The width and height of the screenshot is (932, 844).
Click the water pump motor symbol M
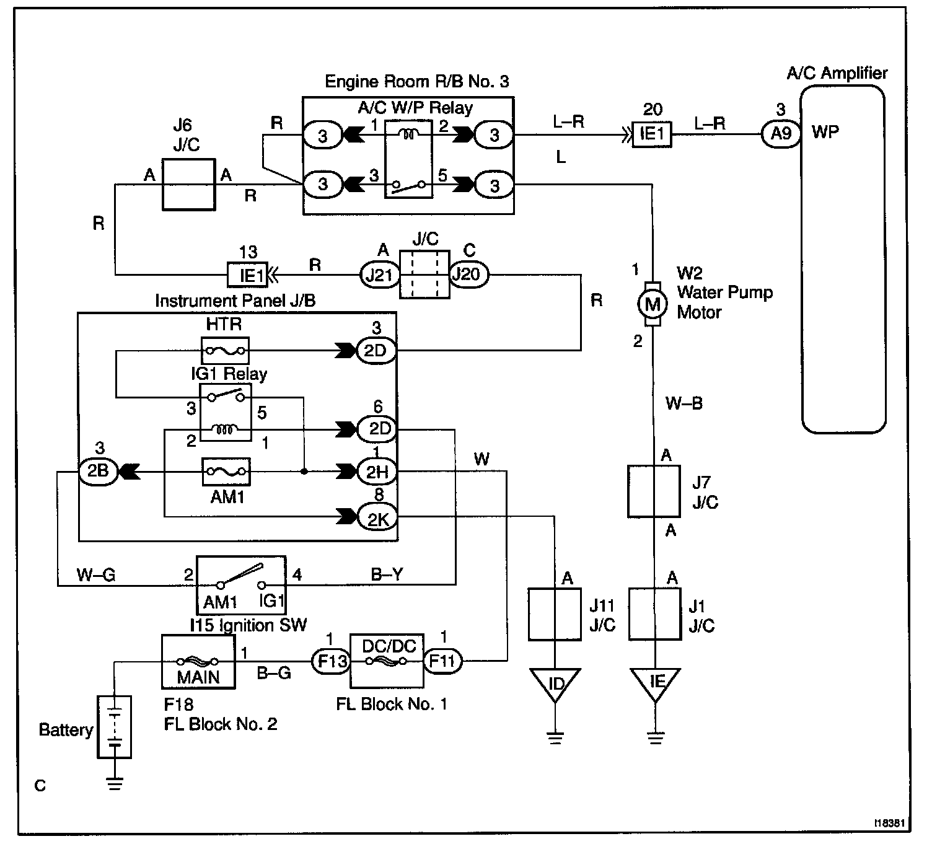[653, 304]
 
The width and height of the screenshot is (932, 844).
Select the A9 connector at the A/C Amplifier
[780, 133]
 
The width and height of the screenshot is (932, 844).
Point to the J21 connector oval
[379, 274]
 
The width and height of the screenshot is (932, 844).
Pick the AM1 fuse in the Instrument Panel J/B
[226, 472]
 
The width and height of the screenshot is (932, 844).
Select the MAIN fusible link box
[198, 661]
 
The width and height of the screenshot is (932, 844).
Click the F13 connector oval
[332, 661]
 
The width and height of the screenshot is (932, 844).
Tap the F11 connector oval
[442, 661]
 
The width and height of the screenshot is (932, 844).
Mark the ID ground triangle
[555, 683]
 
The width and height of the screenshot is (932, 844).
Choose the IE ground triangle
[656, 683]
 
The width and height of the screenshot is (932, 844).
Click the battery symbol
[114, 726]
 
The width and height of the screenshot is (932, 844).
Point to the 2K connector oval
[377, 519]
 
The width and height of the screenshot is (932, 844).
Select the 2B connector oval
[98, 472]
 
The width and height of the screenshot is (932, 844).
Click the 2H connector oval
[377, 472]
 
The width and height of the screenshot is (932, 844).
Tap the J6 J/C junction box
[188, 185]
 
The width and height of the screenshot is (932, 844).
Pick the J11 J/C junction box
[555, 613]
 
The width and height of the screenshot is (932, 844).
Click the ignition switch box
[241, 584]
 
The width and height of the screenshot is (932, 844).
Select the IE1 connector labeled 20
[651, 134]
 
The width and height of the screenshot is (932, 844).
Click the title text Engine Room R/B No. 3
[416, 82]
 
